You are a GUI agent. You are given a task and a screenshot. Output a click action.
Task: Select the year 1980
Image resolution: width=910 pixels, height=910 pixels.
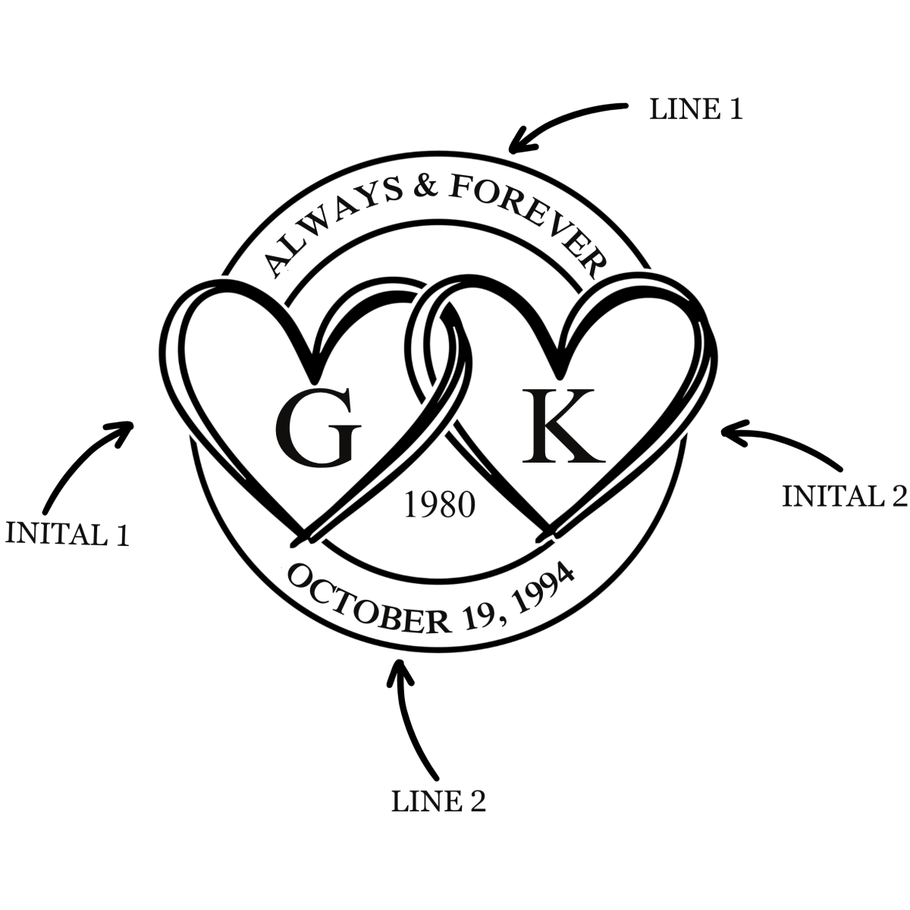click(x=439, y=505)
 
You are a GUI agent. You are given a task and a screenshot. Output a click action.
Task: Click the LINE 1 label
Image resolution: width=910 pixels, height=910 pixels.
click(x=695, y=110)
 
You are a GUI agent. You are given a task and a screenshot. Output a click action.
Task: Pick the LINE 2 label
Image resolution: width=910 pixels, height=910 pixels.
click(x=438, y=802)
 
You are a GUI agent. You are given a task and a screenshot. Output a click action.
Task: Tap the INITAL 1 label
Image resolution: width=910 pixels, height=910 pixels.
click(x=67, y=534)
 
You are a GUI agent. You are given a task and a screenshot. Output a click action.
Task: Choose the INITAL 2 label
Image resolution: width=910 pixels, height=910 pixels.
click(x=844, y=496)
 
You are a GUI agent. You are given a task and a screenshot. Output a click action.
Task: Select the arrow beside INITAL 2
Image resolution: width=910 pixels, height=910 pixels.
click(x=781, y=444)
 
